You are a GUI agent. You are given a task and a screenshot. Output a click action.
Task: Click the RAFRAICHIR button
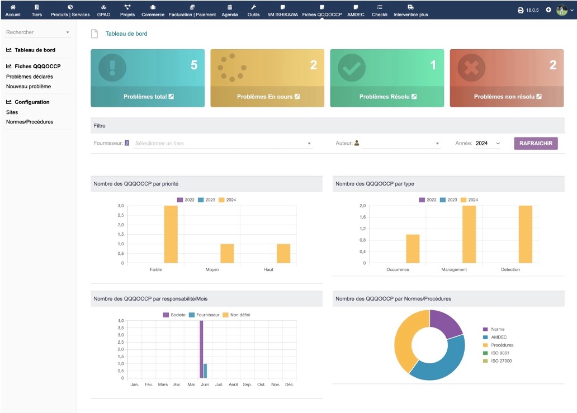(x=536, y=144)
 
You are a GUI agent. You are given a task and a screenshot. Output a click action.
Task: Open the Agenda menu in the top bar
(x=230, y=11)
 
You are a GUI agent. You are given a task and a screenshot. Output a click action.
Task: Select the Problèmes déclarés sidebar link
(x=30, y=77)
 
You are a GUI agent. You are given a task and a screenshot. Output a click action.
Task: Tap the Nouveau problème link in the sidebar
(x=29, y=87)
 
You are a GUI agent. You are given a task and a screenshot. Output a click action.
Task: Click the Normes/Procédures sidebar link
(x=30, y=122)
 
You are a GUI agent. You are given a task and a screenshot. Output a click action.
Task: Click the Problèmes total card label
(x=148, y=97)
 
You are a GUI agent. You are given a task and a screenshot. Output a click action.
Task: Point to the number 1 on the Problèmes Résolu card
(x=432, y=65)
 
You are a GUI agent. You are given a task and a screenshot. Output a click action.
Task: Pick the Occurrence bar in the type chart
(x=413, y=248)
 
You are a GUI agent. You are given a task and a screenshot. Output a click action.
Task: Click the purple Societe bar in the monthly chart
(x=201, y=349)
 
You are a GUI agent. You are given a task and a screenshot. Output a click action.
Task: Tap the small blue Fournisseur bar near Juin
(x=205, y=371)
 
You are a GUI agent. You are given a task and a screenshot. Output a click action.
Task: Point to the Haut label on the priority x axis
(x=268, y=269)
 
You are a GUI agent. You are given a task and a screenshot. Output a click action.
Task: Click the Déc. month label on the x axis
(x=290, y=384)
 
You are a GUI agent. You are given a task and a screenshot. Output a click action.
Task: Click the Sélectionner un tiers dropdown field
(x=223, y=144)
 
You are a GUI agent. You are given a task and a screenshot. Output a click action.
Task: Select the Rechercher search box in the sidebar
(x=37, y=32)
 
